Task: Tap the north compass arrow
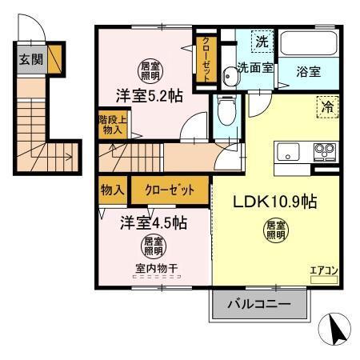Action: tap(337, 328)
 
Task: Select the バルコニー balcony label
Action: tap(259, 304)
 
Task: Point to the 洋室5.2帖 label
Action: tap(148, 95)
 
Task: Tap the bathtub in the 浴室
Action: tap(308, 45)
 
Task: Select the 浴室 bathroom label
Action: tap(309, 71)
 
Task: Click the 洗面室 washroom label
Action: tap(255, 68)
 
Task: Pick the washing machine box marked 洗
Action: tap(261, 39)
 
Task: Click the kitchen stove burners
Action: tap(324, 150)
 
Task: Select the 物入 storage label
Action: tap(110, 191)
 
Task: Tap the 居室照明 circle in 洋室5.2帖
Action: tap(150, 70)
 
